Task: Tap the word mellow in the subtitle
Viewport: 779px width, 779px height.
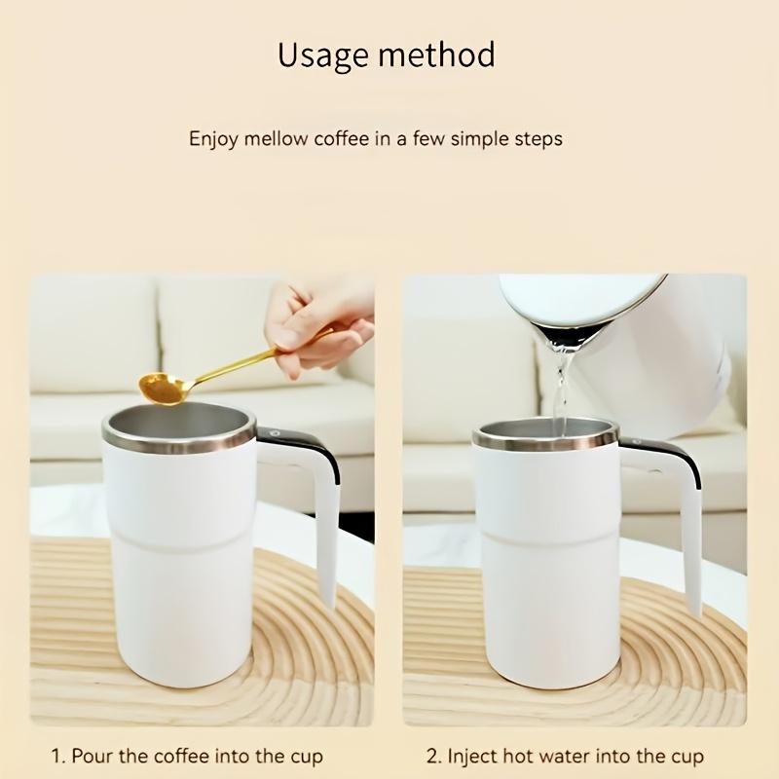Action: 277,139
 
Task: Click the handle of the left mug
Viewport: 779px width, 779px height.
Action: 321,516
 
